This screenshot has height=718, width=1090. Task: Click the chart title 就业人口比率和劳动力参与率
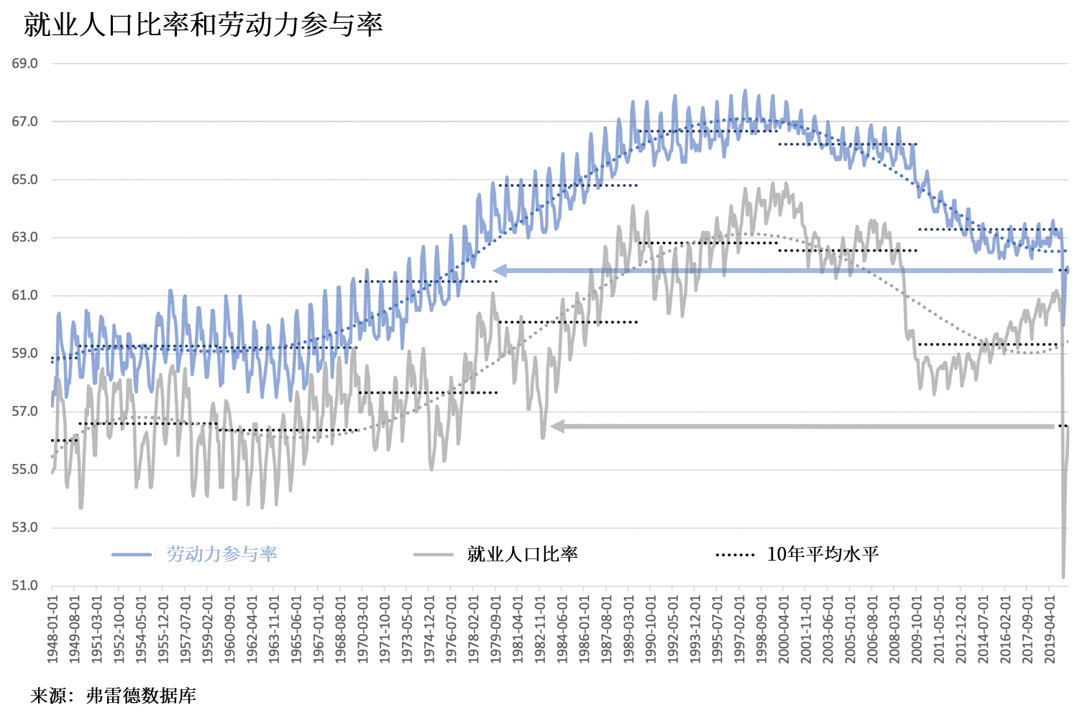tap(203, 24)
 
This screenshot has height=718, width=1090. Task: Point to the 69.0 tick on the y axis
tap(24, 63)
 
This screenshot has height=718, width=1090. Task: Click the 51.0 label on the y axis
tap(24, 586)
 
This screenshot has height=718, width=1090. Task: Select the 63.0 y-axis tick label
tap(24, 237)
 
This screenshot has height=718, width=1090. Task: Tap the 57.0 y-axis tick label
tap(24, 411)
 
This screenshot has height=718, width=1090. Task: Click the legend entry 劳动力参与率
tap(222, 554)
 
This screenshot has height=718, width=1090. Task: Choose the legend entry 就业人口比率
tap(523, 554)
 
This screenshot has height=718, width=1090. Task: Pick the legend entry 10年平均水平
tap(823, 554)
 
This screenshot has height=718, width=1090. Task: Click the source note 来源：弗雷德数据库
tap(114, 696)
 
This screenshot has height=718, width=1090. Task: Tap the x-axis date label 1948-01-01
tap(52, 629)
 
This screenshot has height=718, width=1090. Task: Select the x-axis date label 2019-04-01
tap(1050, 629)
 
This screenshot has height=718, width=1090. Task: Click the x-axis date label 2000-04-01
tap(784, 629)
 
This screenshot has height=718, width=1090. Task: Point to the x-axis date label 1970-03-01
tap(363, 629)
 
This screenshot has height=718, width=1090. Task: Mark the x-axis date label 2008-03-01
tap(894, 629)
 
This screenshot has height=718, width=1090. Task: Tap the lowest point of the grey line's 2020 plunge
tap(1063, 576)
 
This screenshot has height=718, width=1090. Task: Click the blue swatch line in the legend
tap(132, 555)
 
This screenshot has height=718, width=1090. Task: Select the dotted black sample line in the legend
tap(735, 555)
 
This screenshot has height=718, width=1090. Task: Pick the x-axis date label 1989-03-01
tap(629, 629)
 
